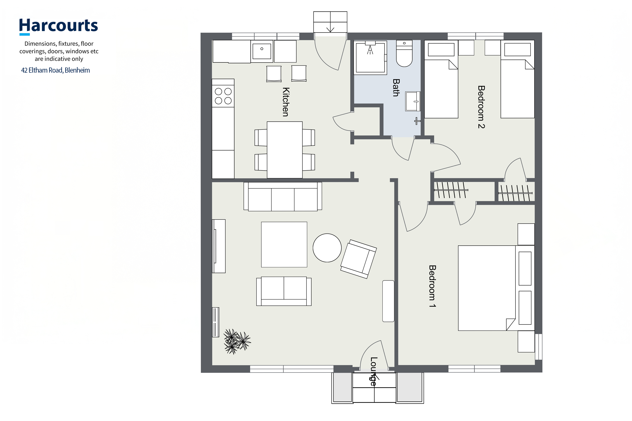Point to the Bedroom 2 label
(x=481, y=107)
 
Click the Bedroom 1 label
(x=432, y=286)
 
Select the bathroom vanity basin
(x=413, y=101)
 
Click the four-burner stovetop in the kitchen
(x=223, y=96)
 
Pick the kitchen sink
(x=262, y=51)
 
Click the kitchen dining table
(x=285, y=150)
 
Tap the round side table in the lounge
(x=327, y=248)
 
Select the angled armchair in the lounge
(x=359, y=259)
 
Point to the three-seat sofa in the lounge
(x=283, y=197)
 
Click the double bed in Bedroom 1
(x=496, y=288)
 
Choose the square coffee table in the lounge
(x=284, y=244)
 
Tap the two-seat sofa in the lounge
(x=284, y=291)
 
